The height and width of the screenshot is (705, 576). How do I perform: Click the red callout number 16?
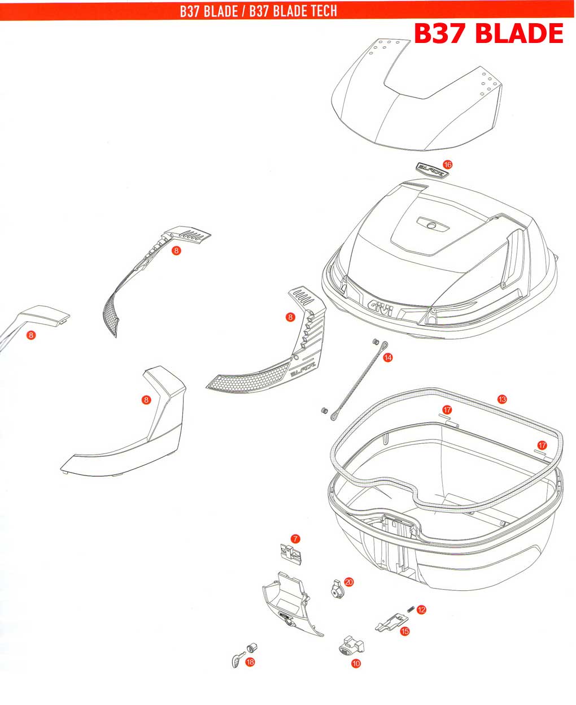[x=447, y=165]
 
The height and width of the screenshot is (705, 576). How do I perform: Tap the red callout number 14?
[x=387, y=357]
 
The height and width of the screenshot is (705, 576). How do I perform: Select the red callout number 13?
[x=502, y=399]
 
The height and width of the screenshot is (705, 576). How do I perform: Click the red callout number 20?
[x=348, y=581]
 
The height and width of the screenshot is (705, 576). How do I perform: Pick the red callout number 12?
[x=421, y=609]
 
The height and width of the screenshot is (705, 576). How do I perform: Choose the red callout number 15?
[x=404, y=631]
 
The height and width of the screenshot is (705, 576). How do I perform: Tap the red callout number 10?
[x=355, y=664]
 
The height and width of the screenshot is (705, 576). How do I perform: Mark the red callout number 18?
[x=250, y=661]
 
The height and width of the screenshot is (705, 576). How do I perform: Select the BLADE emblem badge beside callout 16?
[x=431, y=168]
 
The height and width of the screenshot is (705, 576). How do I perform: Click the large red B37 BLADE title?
[x=488, y=33]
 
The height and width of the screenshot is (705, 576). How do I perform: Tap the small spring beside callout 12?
[x=411, y=609]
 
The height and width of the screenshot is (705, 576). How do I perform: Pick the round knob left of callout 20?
[x=336, y=589]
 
